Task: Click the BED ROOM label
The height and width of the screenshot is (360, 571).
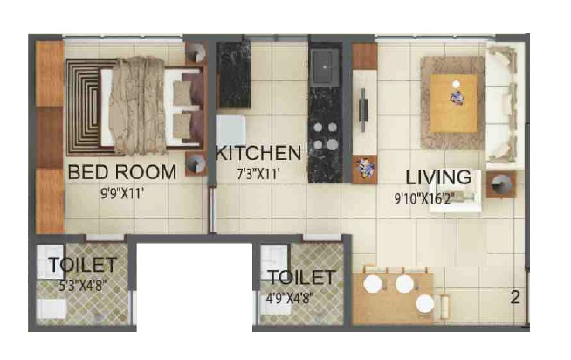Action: pyautogui.click(x=122, y=172)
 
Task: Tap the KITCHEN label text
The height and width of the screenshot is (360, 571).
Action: pyautogui.click(x=258, y=153)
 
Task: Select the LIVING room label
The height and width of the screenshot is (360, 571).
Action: pyautogui.click(x=438, y=177)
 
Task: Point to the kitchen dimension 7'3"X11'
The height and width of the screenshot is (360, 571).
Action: pyautogui.click(x=258, y=175)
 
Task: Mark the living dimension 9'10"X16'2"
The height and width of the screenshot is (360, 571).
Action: pyautogui.click(x=424, y=198)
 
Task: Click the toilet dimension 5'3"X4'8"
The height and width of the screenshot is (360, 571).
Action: pyautogui.click(x=83, y=286)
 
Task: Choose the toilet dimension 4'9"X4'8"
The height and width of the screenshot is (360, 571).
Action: pyautogui.click(x=290, y=299)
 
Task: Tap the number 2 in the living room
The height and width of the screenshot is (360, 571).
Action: pyautogui.click(x=515, y=298)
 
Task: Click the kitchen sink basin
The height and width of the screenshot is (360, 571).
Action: pyautogui.click(x=325, y=66)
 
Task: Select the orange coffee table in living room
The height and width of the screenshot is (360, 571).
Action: pyautogui.click(x=453, y=103)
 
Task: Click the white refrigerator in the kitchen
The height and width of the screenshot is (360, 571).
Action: pyautogui.click(x=230, y=131)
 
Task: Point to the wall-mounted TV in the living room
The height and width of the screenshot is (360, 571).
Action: pyautogui.click(x=363, y=110)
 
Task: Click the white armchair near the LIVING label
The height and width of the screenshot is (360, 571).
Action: pyautogui.click(x=456, y=191)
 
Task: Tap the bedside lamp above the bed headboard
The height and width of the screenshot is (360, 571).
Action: pyautogui.click(x=197, y=52)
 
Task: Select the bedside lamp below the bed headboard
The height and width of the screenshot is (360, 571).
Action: pyautogui.click(x=196, y=164)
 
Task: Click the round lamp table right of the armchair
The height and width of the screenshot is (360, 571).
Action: pyautogui.click(x=501, y=184)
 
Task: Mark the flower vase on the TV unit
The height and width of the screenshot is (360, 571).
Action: pyautogui.click(x=365, y=169)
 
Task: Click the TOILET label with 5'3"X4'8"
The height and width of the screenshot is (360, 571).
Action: pyautogui.click(x=83, y=265)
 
